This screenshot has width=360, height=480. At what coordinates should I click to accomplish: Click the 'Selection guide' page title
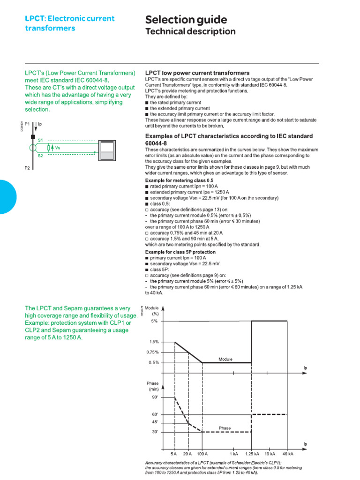[186, 20]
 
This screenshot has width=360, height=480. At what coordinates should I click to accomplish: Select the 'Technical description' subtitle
[190, 32]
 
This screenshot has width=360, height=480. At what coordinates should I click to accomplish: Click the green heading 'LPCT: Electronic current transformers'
[69, 23]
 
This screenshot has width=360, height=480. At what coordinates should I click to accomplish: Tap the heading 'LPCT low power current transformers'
[197, 73]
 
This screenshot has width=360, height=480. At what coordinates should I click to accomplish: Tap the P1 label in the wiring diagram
[27, 124]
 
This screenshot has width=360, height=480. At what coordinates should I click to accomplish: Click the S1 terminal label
[40, 140]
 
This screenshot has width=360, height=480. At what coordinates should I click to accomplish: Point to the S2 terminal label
[40, 156]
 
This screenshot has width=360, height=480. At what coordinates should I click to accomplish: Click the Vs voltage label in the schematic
[58, 148]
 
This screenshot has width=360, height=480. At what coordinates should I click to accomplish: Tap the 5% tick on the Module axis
[154, 321]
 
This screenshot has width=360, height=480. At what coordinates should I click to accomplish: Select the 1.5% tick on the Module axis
[154, 342]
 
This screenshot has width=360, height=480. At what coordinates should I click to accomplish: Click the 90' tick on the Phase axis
[155, 397]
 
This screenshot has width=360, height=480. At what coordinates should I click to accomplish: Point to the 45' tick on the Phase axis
[155, 421]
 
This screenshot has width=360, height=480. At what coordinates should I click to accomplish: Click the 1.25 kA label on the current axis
[252, 454]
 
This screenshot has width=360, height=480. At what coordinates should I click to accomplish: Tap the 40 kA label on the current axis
[288, 454]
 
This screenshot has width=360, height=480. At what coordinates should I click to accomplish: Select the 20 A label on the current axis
[188, 454]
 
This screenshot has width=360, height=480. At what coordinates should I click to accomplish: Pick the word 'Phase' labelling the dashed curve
[225, 428]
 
